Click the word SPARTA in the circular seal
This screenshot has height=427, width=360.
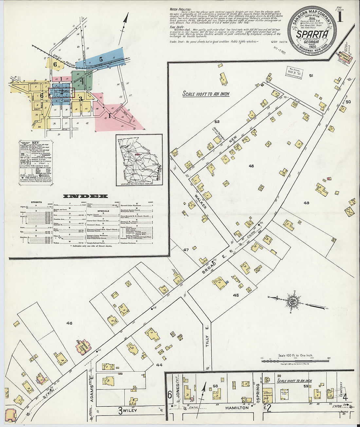(312, 34)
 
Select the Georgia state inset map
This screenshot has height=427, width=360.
(139, 160)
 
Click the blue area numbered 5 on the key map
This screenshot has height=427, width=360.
(101, 59)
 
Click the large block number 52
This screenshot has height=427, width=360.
(217, 122)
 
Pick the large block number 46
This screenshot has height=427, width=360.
(69, 323)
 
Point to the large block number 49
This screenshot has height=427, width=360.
(306, 203)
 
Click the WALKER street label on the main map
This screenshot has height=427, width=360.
(200, 201)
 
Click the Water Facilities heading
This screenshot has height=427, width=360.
(178, 9)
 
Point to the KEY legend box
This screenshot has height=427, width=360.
(35, 163)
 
